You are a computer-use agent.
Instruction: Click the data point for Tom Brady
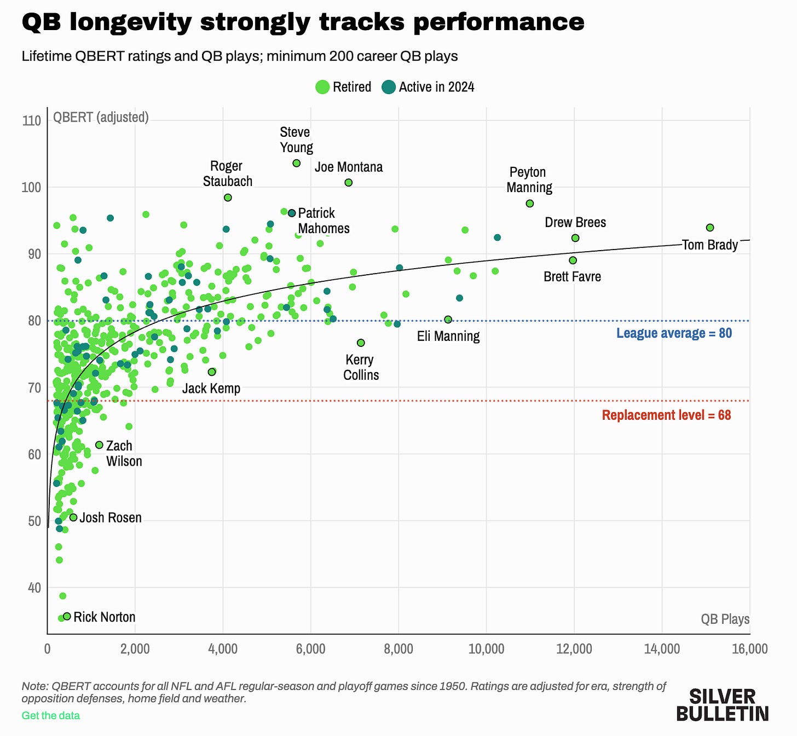tap(709, 228)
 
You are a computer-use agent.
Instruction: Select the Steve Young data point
tap(297, 163)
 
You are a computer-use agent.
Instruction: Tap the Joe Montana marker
tap(348, 183)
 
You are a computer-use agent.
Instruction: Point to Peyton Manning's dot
tap(529, 204)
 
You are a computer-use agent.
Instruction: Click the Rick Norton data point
tap(67, 616)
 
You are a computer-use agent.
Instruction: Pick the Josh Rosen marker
tap(73, 517)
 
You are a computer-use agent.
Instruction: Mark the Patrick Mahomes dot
tap(292, 213)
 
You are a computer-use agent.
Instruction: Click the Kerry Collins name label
tap(361, 367)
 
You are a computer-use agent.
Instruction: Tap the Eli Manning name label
tap(448, 336)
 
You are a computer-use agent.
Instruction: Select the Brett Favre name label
tap(572, 276)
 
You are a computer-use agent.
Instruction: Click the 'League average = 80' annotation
tap(674, 333)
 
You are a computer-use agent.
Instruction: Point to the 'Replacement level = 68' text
tap(667, 415)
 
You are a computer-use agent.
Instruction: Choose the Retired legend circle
tap(322, 87)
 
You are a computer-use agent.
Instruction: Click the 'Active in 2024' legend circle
tap(389, 87)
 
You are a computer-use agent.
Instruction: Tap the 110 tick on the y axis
tap(32, 120)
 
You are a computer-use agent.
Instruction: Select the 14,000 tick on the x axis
tap(662, 649)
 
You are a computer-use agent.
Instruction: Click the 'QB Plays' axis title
tap(725, 619)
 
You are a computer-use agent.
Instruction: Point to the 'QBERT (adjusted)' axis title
tap(101, 117)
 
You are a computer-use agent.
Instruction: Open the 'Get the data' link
tap(50, 716)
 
